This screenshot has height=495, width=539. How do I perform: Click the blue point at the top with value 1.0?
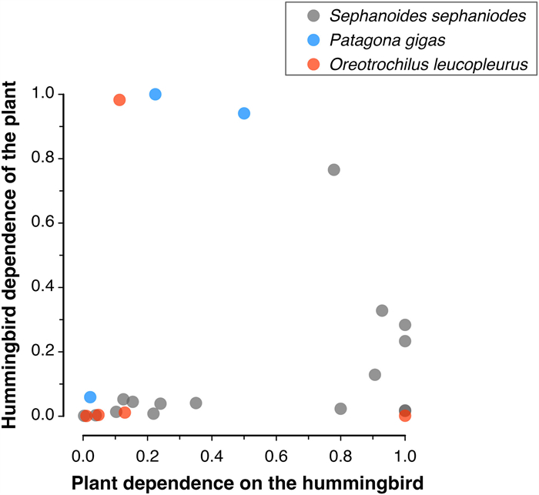pyautogui.click(x=155, y=94)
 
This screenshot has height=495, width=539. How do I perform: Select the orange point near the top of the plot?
pyautogui.click(x=119, y=100)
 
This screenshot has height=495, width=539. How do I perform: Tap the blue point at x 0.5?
pyautogui.click(x=244, y=113)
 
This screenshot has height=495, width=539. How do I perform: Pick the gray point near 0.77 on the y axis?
pyautogui.click(x=333, y=169)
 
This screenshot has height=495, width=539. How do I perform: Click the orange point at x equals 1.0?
pyautogui.click(x=405, y=416)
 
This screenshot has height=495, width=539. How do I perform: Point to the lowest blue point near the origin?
pyautogui.click(x=90, y=397)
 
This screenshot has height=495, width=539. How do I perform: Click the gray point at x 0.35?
pyautogui.click(x=196, y=403)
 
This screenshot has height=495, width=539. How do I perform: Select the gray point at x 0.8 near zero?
pyautogui.click(x=340, y=409)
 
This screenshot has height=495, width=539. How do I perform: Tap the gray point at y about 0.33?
pyautogui.click(x=382, y=310)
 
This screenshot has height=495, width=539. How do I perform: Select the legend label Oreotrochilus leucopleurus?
pyautogui.click(x=423, y=65)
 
